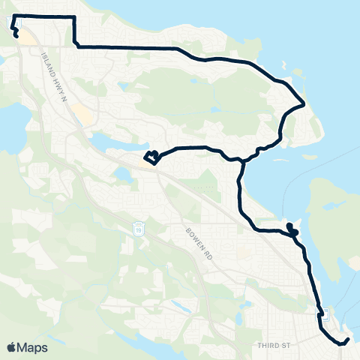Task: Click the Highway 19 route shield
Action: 138,226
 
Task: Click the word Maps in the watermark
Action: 33,347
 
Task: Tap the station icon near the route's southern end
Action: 322,313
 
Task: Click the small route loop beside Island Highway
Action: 152,157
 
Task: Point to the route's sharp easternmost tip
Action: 303,103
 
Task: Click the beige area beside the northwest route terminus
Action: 27,37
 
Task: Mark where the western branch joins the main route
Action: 241,160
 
